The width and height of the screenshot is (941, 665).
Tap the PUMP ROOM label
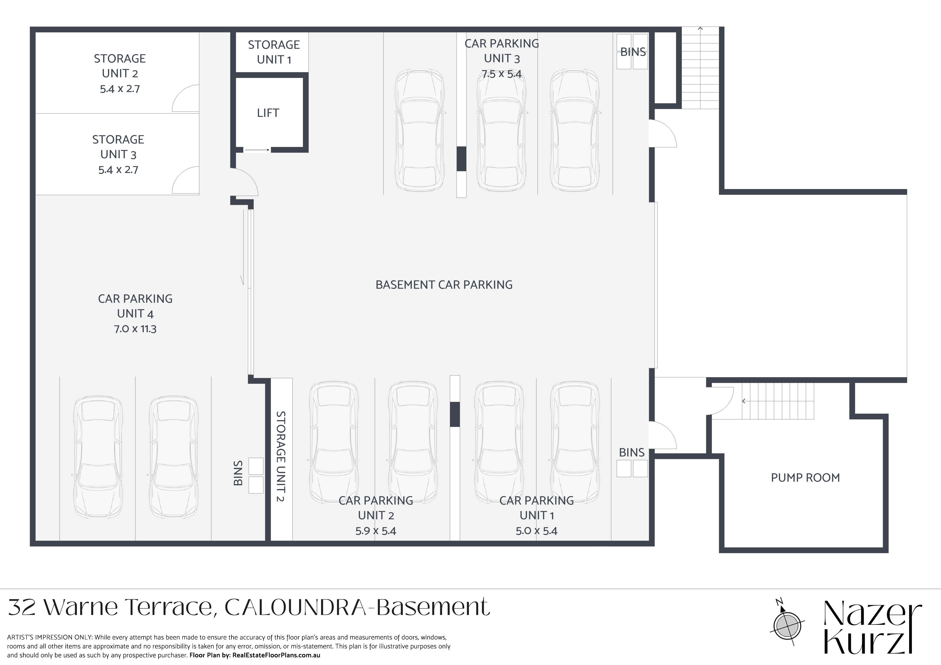805,477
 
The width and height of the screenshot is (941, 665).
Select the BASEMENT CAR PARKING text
444,285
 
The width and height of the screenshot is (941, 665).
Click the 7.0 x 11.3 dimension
135,329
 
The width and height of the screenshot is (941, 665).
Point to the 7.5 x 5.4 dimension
502,74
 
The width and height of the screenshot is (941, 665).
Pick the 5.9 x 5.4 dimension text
376,531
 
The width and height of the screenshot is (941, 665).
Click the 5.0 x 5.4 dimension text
536,531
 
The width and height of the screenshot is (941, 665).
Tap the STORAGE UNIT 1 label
274,52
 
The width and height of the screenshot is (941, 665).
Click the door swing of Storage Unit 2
186,98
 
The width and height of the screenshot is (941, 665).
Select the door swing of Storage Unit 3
186,180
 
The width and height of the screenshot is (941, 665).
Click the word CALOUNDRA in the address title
295,607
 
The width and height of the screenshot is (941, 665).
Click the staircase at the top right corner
700,68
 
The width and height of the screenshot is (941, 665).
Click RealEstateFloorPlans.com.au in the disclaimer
276,655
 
